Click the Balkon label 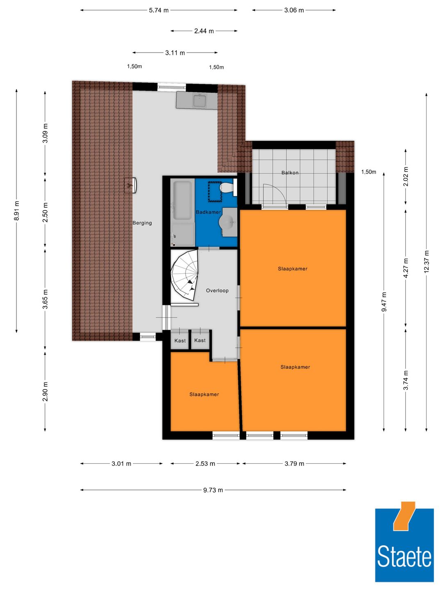(290, 173)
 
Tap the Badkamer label (208, 212)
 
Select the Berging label (142, 223)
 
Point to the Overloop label (217, 291)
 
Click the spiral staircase (184, 275)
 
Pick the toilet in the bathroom (227, 188)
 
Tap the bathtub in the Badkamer (182, 201)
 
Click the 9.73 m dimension (213, 490)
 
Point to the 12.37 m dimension (427, 261)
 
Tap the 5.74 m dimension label (159, 10)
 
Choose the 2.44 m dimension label (204, 31)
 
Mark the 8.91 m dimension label (17, 211)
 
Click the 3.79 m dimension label (294, 464)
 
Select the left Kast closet (180, 340)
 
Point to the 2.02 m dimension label (406, 176)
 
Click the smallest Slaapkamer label (204, 394)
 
